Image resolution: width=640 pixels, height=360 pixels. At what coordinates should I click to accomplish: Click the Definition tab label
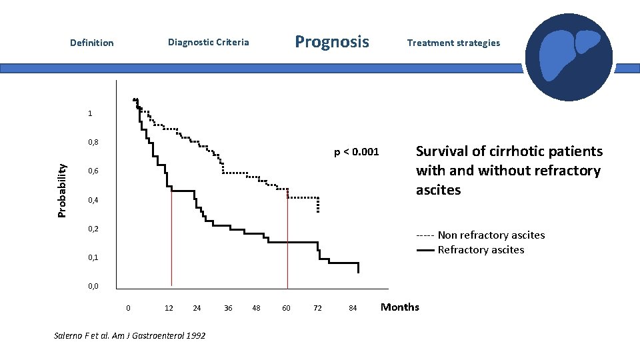[x=91, y=43]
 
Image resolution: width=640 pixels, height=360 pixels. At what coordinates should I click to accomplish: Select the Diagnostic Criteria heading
[x=208, y=42]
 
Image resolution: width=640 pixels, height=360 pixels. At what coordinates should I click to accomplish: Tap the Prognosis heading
[x=331, y=42]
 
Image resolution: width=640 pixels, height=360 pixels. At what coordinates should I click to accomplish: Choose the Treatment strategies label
[x=453, y=43]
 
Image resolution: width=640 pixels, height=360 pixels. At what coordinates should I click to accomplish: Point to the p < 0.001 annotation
[x=356, y=152]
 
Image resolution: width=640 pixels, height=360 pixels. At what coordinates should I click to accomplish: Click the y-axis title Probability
[x=61, y=191]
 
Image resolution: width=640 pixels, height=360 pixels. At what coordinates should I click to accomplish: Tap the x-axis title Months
[x=399, y=307]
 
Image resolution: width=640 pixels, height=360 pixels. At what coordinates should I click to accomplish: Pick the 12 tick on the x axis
[x=169, y=307]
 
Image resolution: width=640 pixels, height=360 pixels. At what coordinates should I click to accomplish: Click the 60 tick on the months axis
[x=286, y=307]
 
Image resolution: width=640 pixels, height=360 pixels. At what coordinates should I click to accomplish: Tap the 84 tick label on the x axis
[x=353, y=307]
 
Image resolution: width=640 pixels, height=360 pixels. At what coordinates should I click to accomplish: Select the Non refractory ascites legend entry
[x=480, y=235]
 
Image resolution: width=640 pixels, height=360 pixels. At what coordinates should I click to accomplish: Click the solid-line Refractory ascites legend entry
[x=480, y=250]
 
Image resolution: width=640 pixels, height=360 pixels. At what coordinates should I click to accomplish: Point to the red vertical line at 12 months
[x=171, y=240]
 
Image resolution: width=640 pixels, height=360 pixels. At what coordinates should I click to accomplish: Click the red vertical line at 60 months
[x=287, y=240]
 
